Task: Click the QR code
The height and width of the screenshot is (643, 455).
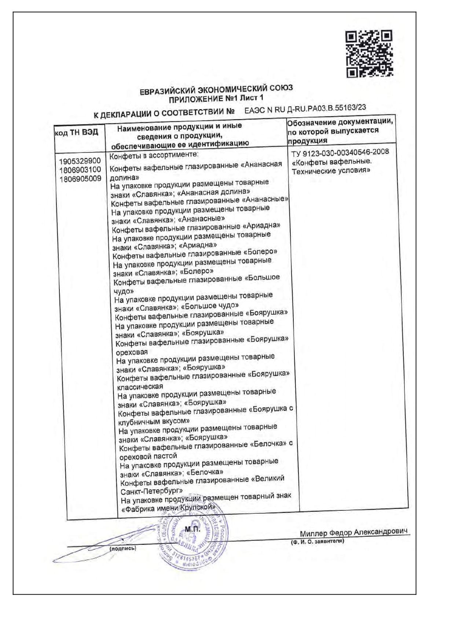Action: pos(369,54)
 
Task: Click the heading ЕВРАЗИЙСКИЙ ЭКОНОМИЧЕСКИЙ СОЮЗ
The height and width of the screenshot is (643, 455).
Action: pos(216,90)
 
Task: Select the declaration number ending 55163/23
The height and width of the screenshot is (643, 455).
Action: pos(305,108)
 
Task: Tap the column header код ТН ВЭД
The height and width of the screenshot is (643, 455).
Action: pos(77,132)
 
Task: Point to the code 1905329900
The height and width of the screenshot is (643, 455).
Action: pos(80,161)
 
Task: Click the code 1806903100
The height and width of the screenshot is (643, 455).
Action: pos(80,170)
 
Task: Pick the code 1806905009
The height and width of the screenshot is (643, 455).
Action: pos(80,179)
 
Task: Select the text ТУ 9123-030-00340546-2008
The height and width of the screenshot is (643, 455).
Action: pos(340,152)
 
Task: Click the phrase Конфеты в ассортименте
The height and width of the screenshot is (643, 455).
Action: pos(154,156)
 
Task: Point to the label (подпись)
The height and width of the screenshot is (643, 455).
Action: pos(123,548)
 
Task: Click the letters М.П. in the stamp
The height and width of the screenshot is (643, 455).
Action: pos(192,529)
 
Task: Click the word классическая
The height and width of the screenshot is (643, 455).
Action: pos(140,387)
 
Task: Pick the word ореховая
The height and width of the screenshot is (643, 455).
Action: pos(132,352)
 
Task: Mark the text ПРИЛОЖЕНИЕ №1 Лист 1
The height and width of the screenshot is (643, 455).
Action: pos(216,99)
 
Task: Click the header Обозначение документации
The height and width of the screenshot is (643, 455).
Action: pos(340,122)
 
